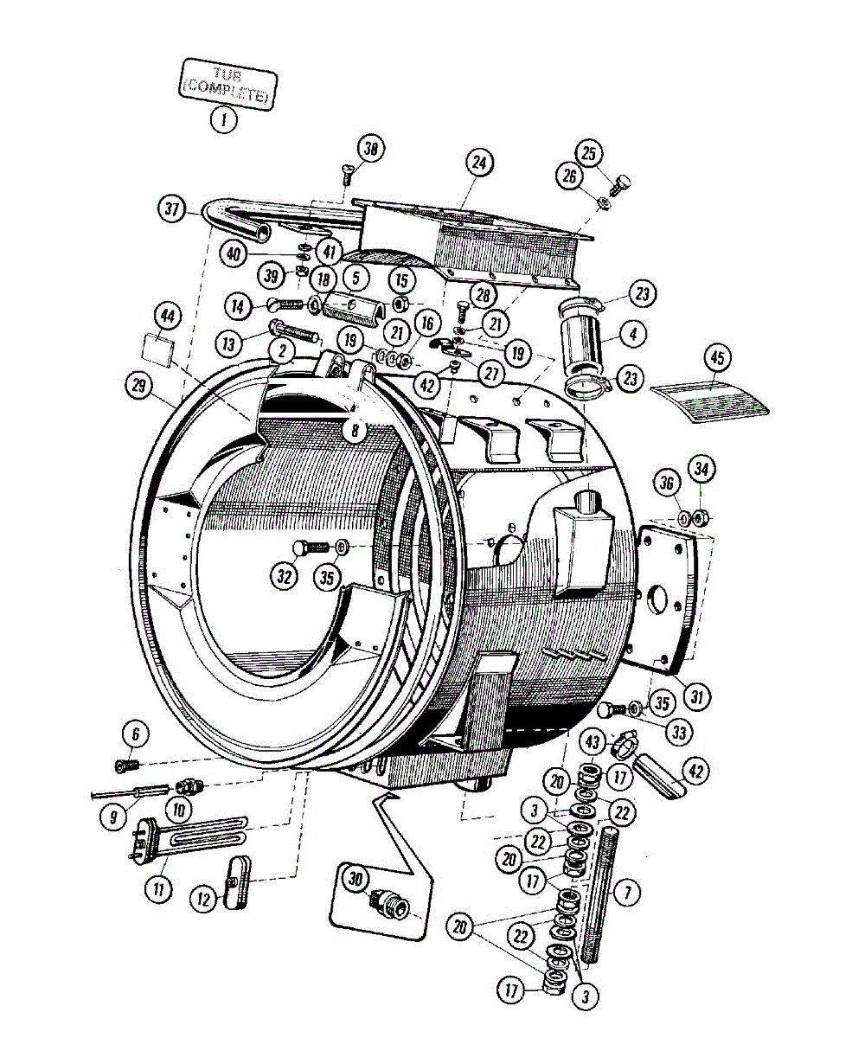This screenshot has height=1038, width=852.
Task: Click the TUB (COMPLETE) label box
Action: (x=227, y=84)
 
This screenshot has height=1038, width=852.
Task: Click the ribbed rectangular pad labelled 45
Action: (x=710, y=396)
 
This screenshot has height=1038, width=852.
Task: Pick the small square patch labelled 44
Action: (x=156, y=350)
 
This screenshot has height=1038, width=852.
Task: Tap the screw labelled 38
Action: (x=347, y=173)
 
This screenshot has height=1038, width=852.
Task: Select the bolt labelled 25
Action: (x=619, y=184)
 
